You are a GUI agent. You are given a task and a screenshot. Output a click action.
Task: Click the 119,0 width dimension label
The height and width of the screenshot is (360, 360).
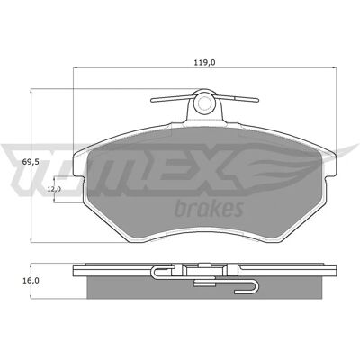click(x=205, y=62)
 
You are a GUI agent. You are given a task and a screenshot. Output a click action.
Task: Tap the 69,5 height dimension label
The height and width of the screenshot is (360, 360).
click(x=31, y=162)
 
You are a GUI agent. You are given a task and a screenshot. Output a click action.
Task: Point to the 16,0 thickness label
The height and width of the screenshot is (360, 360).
click(x=31, y=281)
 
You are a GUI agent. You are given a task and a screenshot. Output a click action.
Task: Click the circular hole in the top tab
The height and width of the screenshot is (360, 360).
click(x=204, y=103)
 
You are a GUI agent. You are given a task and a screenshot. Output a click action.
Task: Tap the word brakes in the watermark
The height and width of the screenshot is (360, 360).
click(x=209, y=208)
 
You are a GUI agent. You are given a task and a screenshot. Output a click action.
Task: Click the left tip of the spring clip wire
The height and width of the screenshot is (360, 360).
click(x=152, y=101)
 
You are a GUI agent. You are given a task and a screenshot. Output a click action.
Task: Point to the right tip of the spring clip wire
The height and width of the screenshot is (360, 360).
click(x=256, y=100)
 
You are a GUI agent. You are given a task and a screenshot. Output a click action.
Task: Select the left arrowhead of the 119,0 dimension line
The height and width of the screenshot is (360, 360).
click(x=76, y=67)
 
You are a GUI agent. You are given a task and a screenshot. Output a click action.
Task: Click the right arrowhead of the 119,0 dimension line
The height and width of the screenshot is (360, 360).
click(x=334, y=67)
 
